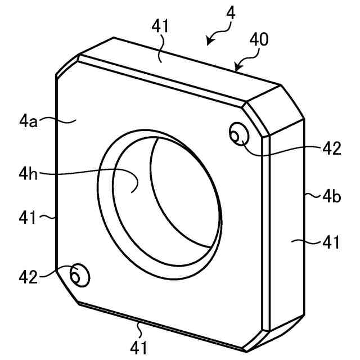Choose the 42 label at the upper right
click(332, 148)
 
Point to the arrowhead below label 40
click(238, 69)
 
